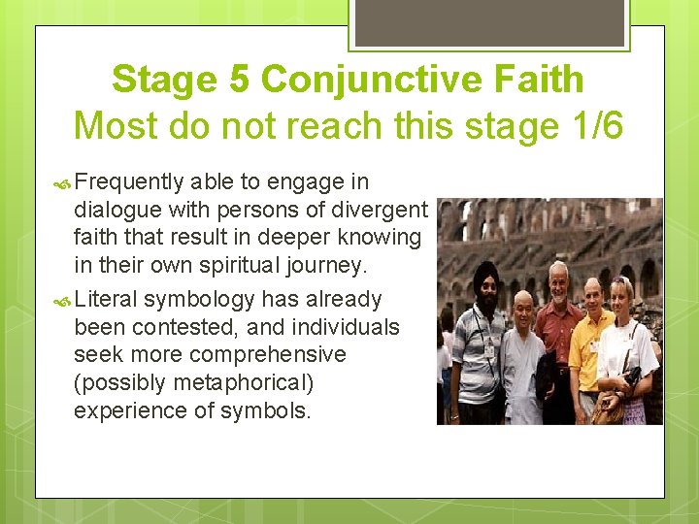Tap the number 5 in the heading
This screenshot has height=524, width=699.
(x=238, y=80)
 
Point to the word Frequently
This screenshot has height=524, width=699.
(x=128, y=181)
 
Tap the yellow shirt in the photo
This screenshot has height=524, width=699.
(x=588, y=344)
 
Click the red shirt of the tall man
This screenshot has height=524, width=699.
(x=557, y=330)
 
